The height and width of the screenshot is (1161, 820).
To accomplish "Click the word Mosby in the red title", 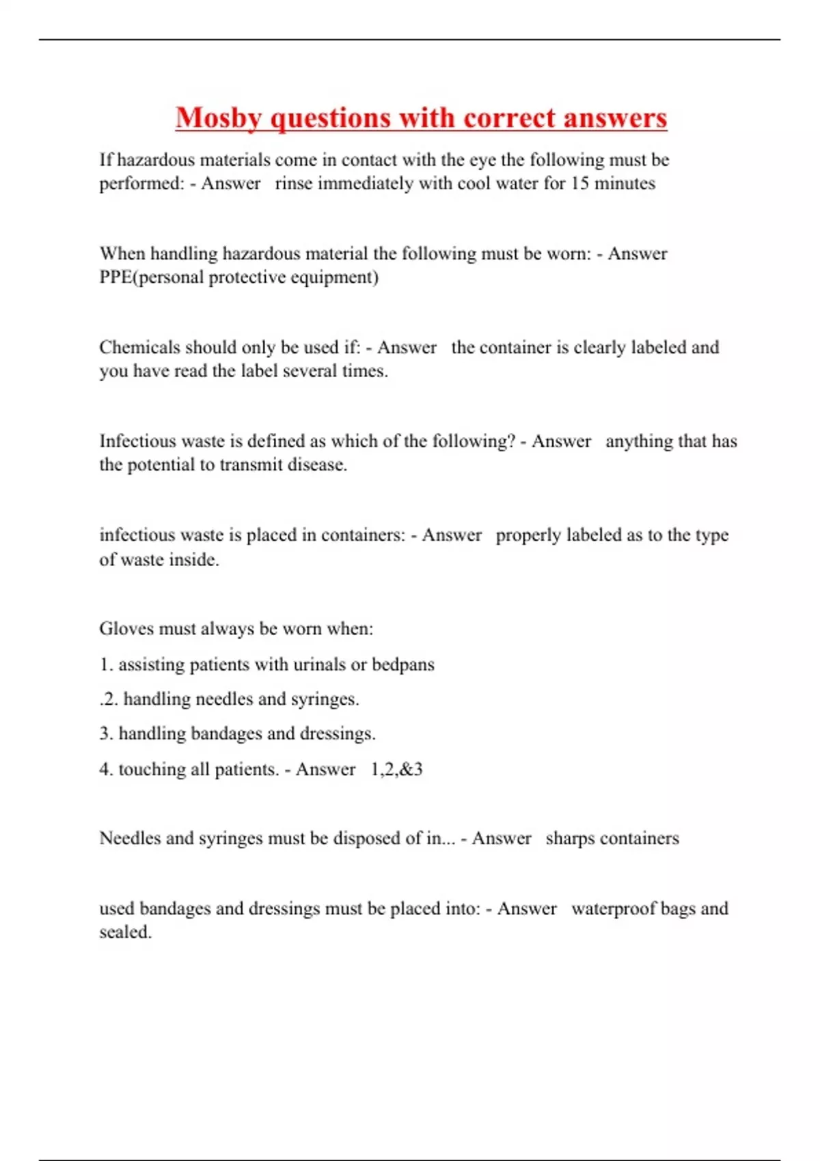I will tap(219, 118).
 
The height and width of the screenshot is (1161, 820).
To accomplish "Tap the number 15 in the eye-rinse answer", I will tap(579, 184).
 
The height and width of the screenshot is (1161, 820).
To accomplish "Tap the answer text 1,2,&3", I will tap(396, 770).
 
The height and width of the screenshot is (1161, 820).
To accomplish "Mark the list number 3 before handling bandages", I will tap(105, 734).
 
